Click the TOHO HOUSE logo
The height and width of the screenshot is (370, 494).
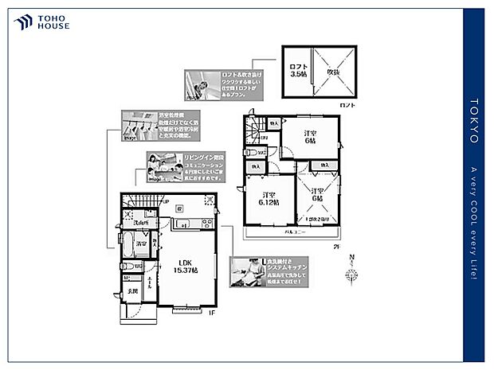[42, 22]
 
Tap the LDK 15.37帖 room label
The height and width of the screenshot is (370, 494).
[189, 267]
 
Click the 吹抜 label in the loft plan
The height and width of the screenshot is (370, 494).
[333, 72]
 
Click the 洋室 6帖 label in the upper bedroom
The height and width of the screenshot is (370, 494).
[312, 136]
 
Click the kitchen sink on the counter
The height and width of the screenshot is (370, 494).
[184, 225]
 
